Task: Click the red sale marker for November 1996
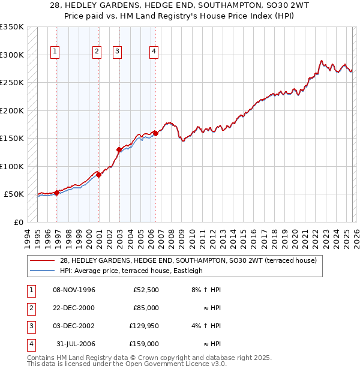click(57, 193)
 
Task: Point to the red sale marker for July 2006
click(155, 133)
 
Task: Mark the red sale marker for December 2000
click(99, 175)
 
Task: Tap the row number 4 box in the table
click(30, 344)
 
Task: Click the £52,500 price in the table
click(146, 290)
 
